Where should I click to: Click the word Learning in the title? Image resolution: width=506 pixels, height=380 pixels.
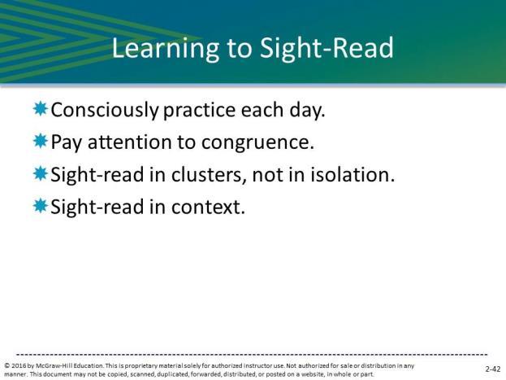166,49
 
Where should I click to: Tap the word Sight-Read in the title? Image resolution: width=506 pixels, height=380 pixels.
327,47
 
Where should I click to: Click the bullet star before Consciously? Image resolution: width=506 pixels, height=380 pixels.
41,109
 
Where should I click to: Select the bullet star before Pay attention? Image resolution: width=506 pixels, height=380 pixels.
41,141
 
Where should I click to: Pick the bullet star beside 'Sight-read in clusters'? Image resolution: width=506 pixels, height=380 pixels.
41,173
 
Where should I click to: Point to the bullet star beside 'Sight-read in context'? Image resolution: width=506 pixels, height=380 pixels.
41,206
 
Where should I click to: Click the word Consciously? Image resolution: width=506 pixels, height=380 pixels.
105,111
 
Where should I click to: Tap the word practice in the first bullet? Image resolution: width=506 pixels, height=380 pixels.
200,111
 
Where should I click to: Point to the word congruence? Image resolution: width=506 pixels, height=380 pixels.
257,143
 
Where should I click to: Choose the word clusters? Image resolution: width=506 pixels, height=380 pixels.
207,175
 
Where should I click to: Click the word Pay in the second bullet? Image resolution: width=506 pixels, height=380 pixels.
67,142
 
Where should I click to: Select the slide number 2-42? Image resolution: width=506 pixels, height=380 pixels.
493,369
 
